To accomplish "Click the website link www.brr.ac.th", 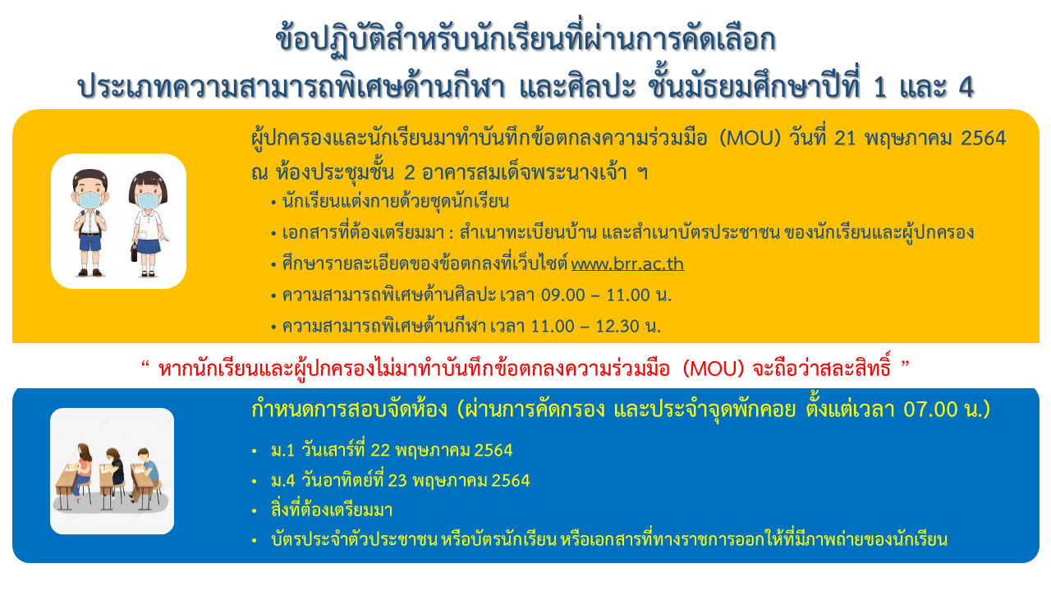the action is (x=627, y=263).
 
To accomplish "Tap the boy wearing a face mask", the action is (x=90, y=222).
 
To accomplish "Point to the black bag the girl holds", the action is (x=134, y=252).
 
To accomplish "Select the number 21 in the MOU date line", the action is (x=846, y=139).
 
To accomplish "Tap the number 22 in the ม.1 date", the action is (x=380, y=451).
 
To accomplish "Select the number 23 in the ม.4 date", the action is (x=397, y=481).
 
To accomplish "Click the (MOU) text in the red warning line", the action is (x=714, y=369).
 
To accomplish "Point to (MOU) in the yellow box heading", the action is (x=750, y=139).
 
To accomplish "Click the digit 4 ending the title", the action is (x=966, y=87).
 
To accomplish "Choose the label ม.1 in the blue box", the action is (x=282, y=451).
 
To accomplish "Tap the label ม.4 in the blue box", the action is (x=283, y=481).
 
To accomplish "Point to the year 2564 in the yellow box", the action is (x=984, y=139).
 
